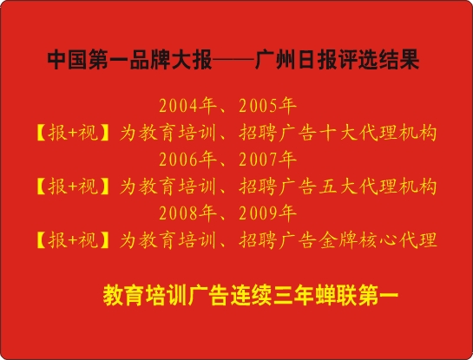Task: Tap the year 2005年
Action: (x=267, y=106)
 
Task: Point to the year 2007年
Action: (x=267, y=160)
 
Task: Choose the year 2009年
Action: (x=267, y=213)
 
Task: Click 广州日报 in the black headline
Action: (x=296, y=60)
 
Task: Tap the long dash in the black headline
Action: (x=233, y=60)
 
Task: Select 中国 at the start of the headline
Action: (x=68, y=60)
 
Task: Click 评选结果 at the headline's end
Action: (x=378, y=60)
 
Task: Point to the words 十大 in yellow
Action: (x=338, y=133)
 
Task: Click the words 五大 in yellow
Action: (x=338, y=187)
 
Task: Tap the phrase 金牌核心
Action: (x=358, y=240)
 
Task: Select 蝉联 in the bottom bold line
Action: (x=337, y=296)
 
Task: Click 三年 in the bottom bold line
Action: (x=294, y=296)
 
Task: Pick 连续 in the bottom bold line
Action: (x=252, y=296)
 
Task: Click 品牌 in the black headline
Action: (x=150, y=60)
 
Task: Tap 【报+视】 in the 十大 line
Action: (x=73, y=133)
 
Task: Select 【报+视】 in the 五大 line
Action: (x=73, y=187)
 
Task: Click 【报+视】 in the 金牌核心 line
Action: (x=73, y=240)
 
